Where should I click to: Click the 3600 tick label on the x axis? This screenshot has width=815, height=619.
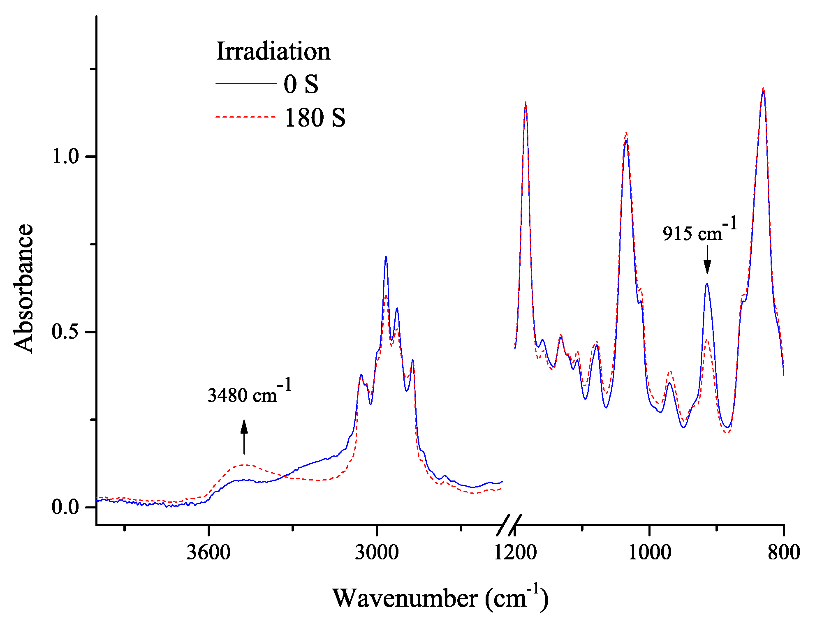(x=208, y=552)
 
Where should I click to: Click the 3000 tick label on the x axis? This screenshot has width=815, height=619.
(x=376, y=552)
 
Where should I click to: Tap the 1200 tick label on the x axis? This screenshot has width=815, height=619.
(x=515, y=552)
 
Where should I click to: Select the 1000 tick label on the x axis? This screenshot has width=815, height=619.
(x=650, y=552)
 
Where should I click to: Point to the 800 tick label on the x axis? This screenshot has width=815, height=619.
(x=784, y=552)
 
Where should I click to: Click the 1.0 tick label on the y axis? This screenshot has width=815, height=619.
(x=65, y=157)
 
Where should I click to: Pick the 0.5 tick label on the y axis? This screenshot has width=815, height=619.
(x=65, y=332)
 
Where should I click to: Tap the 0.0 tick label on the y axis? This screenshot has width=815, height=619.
(x=65, y=507)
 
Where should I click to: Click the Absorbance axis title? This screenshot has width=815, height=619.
(x=23, y=288)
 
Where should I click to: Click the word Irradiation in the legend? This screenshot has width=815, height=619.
(x=273, y=51)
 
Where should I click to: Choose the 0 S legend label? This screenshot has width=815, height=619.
(x=301, y=84)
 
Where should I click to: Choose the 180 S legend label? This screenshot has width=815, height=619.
(x=315, y=118)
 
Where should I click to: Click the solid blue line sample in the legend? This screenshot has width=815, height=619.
(x=246, y=83)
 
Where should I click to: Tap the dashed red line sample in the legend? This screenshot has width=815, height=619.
(x=246, y=117)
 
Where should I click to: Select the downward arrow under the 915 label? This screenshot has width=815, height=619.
(x=707, y=260)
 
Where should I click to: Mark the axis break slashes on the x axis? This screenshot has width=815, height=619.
(x=509, y=525)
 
